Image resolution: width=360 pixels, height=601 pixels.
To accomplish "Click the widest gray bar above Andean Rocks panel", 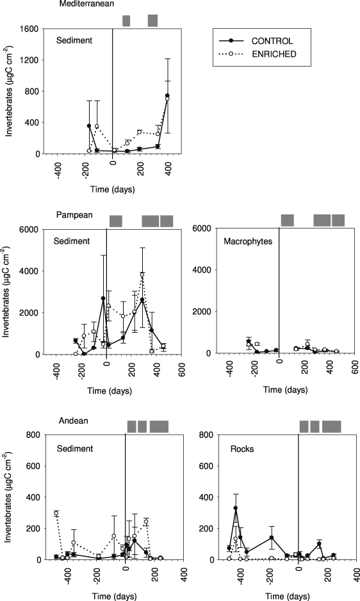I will pos(331,426).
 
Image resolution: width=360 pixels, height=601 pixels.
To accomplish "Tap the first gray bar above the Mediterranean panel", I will pos(126,21).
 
